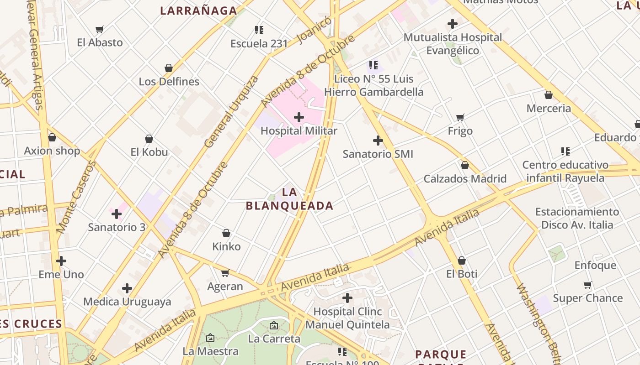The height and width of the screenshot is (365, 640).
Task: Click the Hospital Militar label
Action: click(299, 131)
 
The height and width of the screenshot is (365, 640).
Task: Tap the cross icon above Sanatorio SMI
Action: click(378, 141)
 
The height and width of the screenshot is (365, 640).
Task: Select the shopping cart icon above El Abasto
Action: click(100, 30)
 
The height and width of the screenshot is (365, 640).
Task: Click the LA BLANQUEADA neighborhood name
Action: click(289, 199)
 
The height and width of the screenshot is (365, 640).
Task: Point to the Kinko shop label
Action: click(226, 247)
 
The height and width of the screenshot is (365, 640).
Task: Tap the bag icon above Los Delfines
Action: click(169, 68)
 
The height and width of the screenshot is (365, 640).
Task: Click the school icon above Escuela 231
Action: click(259, 31)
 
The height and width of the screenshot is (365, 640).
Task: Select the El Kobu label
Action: click(149, 152)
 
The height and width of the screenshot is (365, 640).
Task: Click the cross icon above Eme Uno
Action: click(61, 261)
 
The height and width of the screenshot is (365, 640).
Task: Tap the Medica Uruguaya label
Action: click(127, 302)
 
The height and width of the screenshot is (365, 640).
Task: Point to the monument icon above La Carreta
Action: click(274, 326)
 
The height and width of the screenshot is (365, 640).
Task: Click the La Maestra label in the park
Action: click(210, 351)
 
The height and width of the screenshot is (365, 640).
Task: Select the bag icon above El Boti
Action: click(462, 261)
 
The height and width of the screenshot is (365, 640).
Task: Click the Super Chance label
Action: click(587, 298)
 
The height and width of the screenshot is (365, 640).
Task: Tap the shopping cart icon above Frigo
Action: click(460, 118)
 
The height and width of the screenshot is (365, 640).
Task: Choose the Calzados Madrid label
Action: click(465, 179)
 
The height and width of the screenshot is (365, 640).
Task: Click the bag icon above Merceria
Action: click(549, 95)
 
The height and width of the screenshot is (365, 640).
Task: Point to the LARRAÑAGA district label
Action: click(198, 11)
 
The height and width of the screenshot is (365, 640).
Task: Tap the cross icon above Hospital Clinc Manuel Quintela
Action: click(347, 298)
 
